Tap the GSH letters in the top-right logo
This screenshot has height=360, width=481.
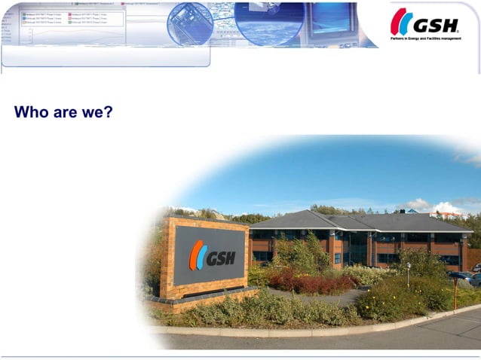pyautogui.click(x=435, y=26)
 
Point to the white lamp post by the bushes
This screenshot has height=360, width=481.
pyautogui.click(x=408, y=273)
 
